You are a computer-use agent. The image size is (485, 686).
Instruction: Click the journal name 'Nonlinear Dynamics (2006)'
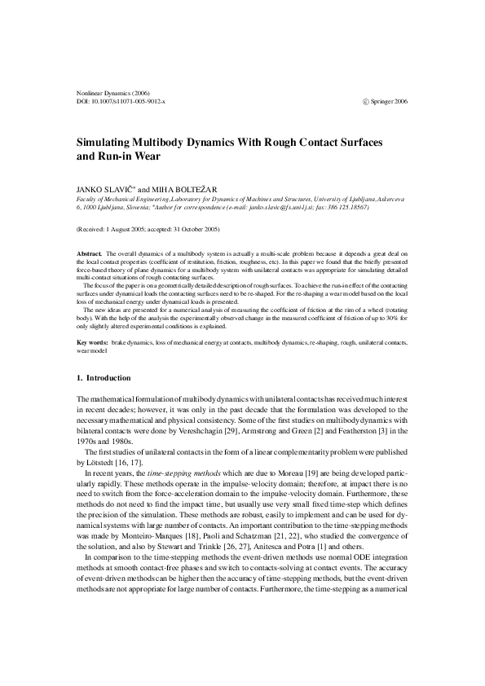coord(112,93)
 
